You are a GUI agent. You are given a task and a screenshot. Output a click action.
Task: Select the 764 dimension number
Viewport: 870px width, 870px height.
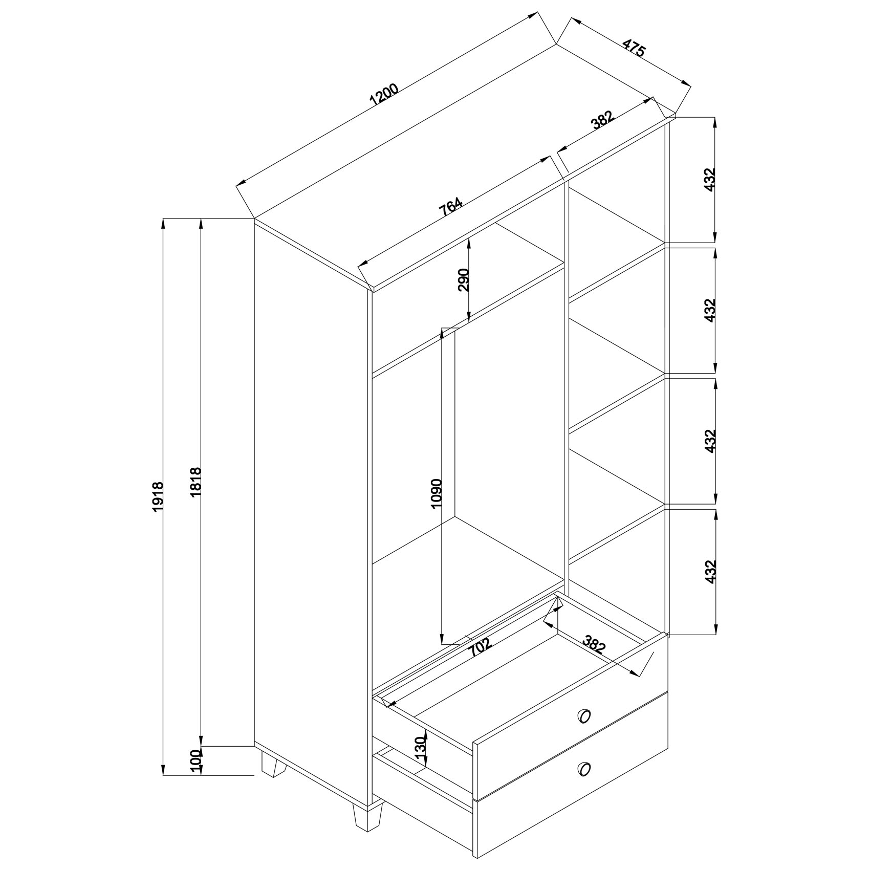click(450, 206)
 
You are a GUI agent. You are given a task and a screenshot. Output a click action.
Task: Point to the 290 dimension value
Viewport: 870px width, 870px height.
click(464, 279)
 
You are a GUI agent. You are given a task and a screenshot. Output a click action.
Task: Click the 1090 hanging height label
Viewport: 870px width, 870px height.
click(436, 493)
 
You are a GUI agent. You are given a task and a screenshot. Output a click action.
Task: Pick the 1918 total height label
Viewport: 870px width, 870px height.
click(158, 495)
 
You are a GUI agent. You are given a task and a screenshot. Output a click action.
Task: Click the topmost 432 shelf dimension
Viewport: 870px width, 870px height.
click(709, 179)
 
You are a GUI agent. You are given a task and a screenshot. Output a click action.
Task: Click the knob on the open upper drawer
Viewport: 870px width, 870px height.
click(583, 716)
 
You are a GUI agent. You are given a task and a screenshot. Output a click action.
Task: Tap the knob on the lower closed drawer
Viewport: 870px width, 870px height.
click(583, 782)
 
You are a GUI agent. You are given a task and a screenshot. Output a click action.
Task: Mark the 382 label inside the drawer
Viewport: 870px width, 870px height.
click(594, 643)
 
